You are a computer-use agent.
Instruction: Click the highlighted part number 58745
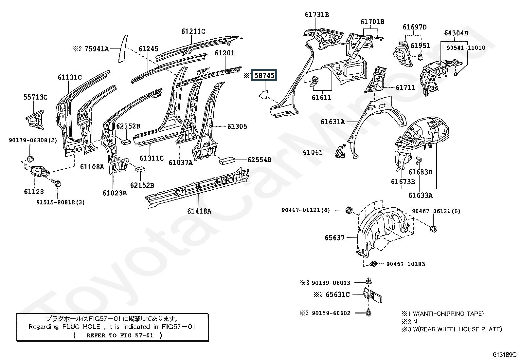(x=264, y=75)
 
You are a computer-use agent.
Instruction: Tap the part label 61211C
(x=193, y=31)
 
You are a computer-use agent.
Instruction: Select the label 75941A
(x=97, y=49)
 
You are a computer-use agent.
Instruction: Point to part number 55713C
(x=35, y=97)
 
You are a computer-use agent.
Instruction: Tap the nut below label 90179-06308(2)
(x=30, y=159)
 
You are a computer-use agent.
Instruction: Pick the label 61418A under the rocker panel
(x=199, y=211)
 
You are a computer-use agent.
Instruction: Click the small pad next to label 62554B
(x=227, y=161)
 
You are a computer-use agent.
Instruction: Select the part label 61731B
(x=317, y=14)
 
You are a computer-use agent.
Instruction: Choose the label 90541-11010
(x=466, y=48)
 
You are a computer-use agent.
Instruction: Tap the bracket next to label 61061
(x=340, y=151)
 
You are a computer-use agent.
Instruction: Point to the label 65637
(x=334, y=238)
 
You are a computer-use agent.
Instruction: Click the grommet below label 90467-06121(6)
(x=434, y=228)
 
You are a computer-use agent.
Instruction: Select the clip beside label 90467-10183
(x=373, y=264)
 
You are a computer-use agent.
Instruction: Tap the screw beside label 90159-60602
(x=368, y=312)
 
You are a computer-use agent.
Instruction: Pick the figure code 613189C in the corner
(x=505, y=354)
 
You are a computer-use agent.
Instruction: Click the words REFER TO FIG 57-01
(x=120, y=335)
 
